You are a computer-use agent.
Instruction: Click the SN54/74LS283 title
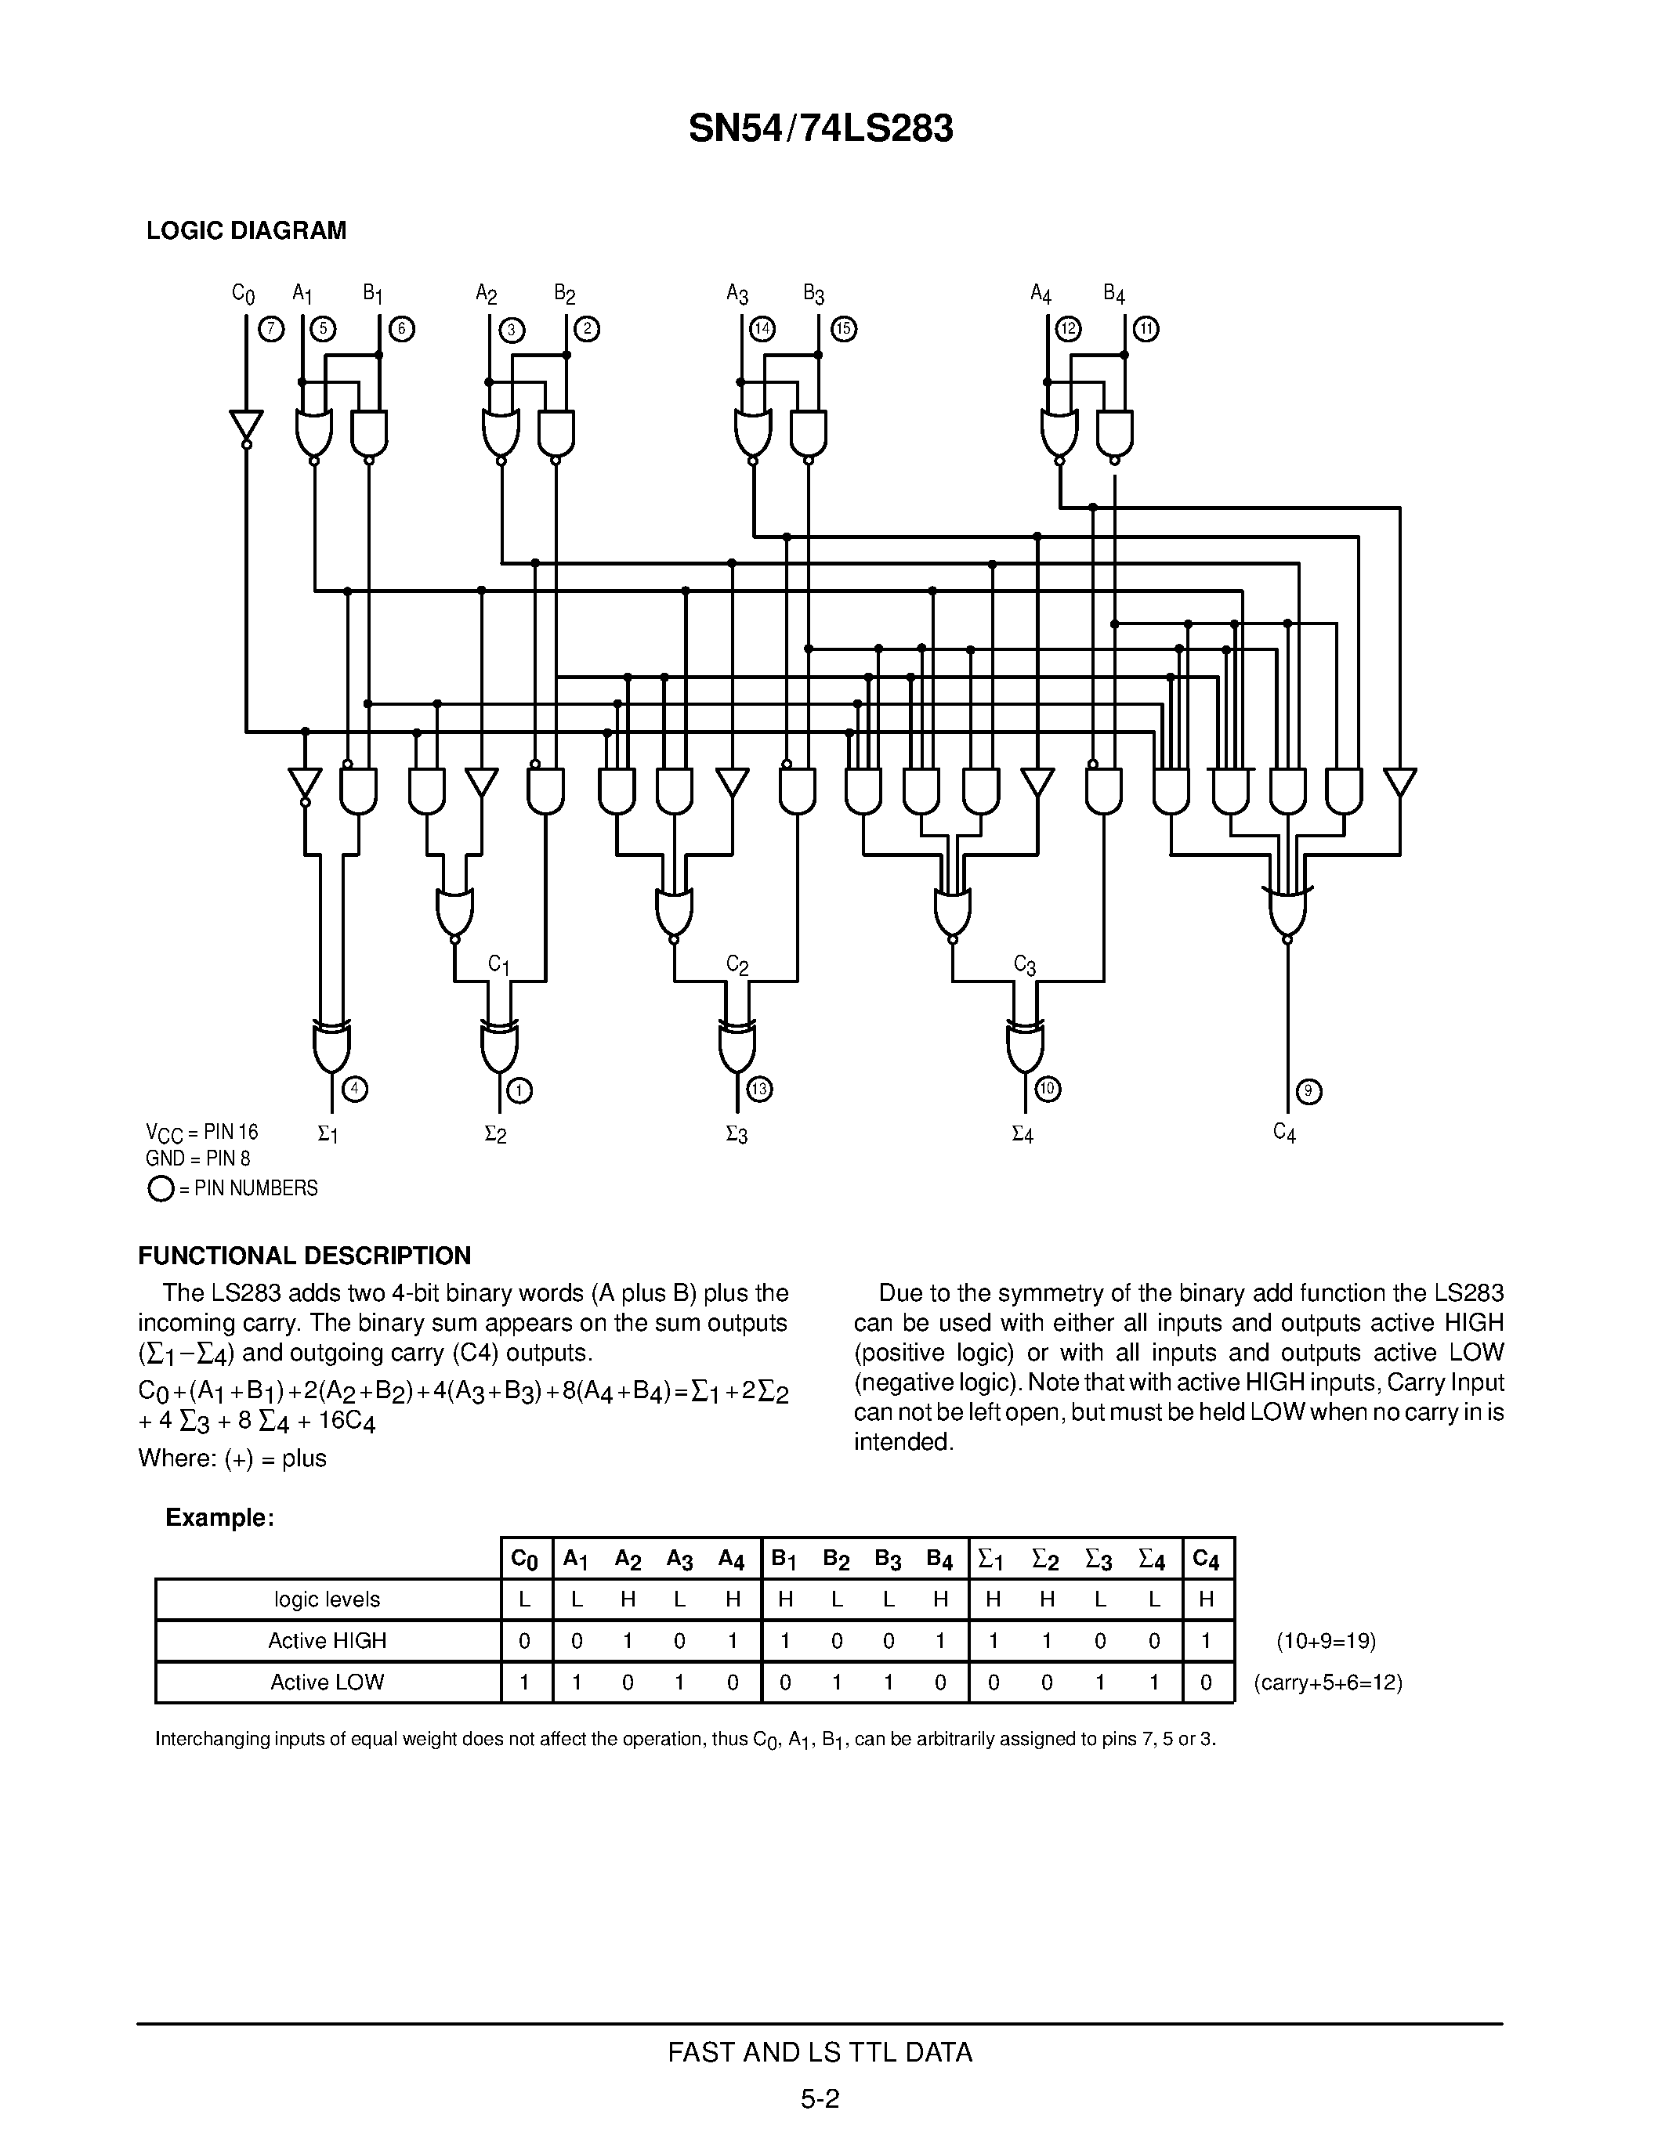[820, 129]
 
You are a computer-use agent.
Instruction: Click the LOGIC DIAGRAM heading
[247, 231]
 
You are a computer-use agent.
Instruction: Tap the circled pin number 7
[270, 330]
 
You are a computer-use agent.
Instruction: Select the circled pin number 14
[762, 330]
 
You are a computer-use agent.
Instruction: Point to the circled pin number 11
[1146, 330]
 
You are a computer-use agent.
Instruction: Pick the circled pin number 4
[355, 1089]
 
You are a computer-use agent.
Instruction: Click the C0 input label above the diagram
[243, 294]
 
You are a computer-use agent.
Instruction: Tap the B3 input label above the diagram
[814, 294]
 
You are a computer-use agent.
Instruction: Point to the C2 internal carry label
[737, 964]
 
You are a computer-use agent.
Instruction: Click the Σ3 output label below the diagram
[736, 1135]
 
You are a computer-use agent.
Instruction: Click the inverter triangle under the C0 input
[247, 426]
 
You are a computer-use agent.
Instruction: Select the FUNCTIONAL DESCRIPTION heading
[304, 1256]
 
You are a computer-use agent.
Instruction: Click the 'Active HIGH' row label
[328, 1640]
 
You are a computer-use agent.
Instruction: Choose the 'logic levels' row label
[328, 1599]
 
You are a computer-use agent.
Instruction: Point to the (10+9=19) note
[1326, 1641]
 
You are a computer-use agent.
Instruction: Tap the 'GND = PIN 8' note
[198, 1159]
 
